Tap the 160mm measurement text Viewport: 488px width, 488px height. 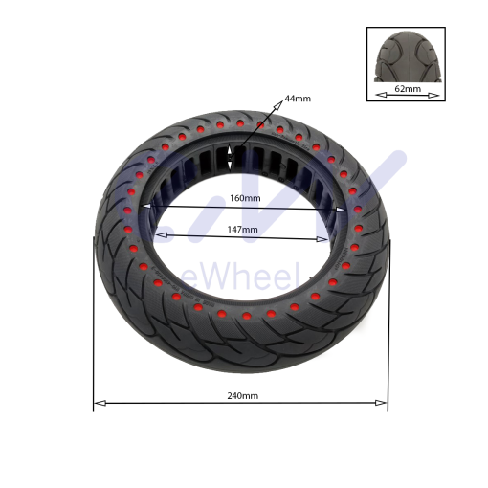[244, 198]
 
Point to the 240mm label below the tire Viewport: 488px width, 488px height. [243, 395]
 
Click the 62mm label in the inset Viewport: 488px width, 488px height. [409, 88]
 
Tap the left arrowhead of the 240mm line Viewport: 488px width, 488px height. [98, 403]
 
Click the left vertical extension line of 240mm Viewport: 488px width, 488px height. [94, 325]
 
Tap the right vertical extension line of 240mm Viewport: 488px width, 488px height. [388, 325]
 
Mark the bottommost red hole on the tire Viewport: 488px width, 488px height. [246, 316]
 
